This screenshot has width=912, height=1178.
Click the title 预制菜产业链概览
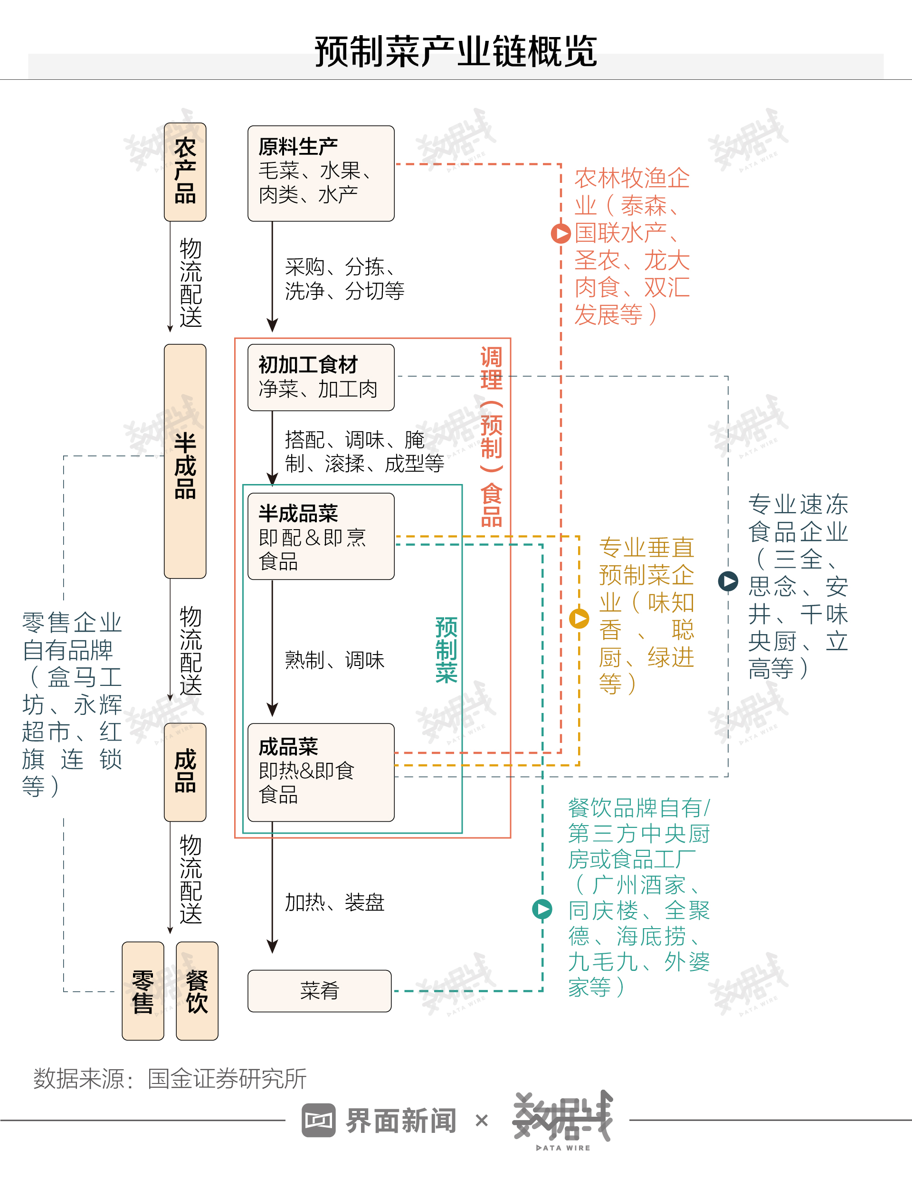456,52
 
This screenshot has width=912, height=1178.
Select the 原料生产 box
321,173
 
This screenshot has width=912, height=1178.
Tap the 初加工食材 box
321,377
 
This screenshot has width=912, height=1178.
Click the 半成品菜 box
321,536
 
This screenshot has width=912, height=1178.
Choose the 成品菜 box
321,772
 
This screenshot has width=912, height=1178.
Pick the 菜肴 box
319,990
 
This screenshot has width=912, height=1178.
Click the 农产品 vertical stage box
185,171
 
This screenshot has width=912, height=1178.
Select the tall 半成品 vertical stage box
185,461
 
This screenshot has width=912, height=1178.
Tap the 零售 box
143,991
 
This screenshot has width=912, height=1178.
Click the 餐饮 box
197,991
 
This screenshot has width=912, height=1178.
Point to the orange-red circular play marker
561,234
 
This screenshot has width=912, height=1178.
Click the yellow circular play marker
579,618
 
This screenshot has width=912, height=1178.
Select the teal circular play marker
542,910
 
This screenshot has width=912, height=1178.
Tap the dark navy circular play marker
728,581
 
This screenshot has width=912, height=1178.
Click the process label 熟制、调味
334,660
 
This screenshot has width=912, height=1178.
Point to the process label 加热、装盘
334,902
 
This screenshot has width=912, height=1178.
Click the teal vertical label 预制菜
446,650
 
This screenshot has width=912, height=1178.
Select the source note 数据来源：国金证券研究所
170,1079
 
